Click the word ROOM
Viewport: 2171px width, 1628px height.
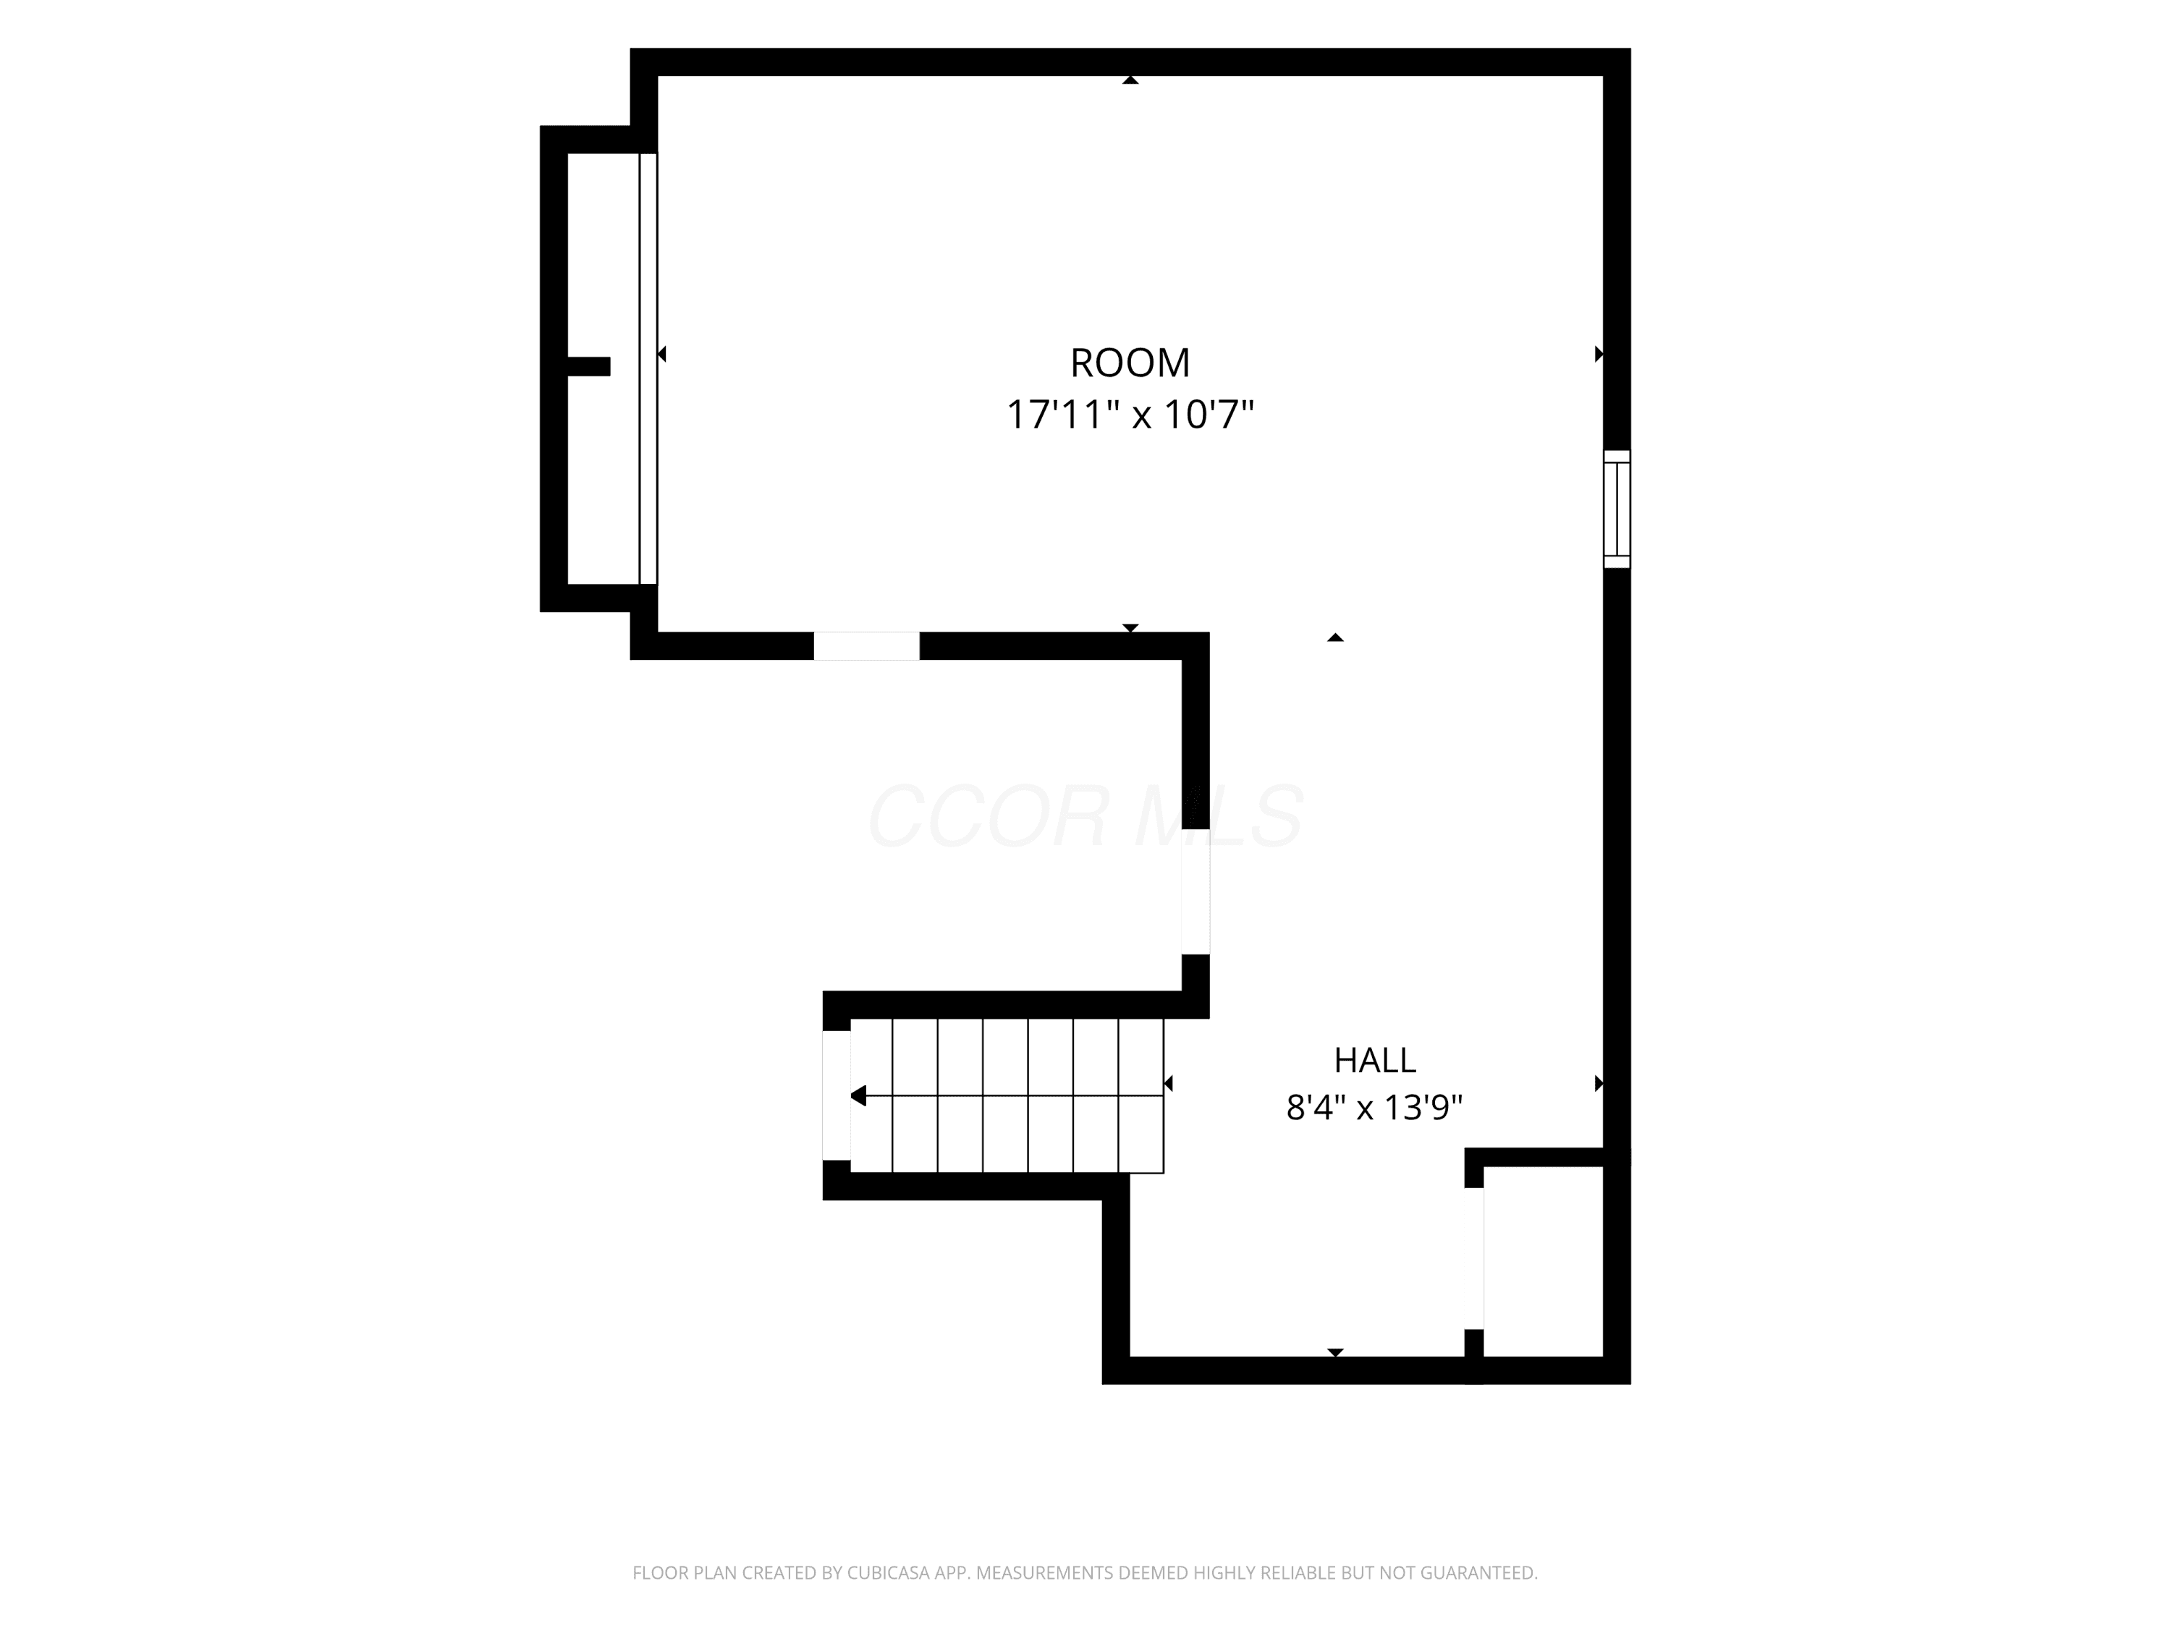[x=1130, y=363]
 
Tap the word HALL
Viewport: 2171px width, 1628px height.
[x=1374, y=1060]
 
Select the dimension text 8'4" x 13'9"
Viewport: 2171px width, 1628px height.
[x=1374, y=1108]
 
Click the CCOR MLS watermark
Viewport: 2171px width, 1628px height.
[x=1085, y=815]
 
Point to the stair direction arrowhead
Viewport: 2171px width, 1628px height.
[x=858, y=1096]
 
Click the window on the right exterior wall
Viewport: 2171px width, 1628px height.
[x=1617, y=509]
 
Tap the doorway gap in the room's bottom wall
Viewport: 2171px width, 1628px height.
[x=867, y=645]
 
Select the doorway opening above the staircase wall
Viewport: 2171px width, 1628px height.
[x=1195, y=891]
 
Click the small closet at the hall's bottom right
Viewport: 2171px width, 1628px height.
[x=1543, y=1262]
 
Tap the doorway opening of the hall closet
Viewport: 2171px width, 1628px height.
[x=1474, y=1258]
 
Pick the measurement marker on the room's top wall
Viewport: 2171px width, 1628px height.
[x=1130, y=80]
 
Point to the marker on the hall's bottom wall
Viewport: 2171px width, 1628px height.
[x=1334, y=1352]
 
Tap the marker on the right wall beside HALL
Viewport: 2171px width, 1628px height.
[x=1599, y=1083]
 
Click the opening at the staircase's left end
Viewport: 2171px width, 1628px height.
[x=837, y=1095]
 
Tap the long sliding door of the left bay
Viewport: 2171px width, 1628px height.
[x=648, y=369]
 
